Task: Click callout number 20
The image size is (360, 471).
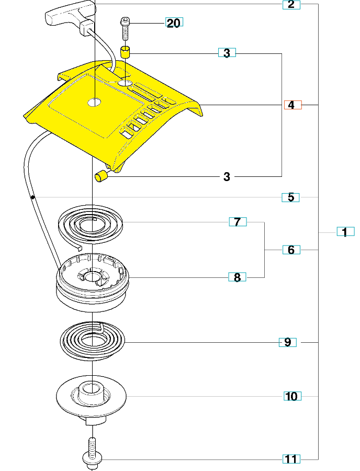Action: pyautogui.click(x=174, y=23)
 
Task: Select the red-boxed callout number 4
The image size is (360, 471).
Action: pyautogui.click(x=292, y=105)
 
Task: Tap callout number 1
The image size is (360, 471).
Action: pyautogui.click(x=345, y=231)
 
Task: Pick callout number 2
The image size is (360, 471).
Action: pyautogui.click(x=291, y=5)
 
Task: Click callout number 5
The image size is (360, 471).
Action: pyautogui.click(x=290, y=197)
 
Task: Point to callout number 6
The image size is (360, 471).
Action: pyautogui.click(x=291, y=250)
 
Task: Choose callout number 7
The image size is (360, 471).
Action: pyautogui.click(x=238, y=222)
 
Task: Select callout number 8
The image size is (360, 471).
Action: pyautogui.click(x=238, y=277)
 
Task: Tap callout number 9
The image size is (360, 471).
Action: pyautogui.click(x=287, y=342)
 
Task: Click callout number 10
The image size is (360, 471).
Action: pyautogui.click(x=291, y=396)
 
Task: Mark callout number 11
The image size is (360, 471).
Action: pyautogui.click(x=291, y=459)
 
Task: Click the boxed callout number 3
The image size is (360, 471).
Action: pyautogui.click(x=227, y=53)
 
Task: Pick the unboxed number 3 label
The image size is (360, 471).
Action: pyautogui.click(x=227, y=177)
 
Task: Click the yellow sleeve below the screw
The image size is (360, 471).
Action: pyautogui.click(x=126, y=52)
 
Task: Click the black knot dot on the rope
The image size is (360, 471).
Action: pyautogui.click(x=32, y=197)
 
